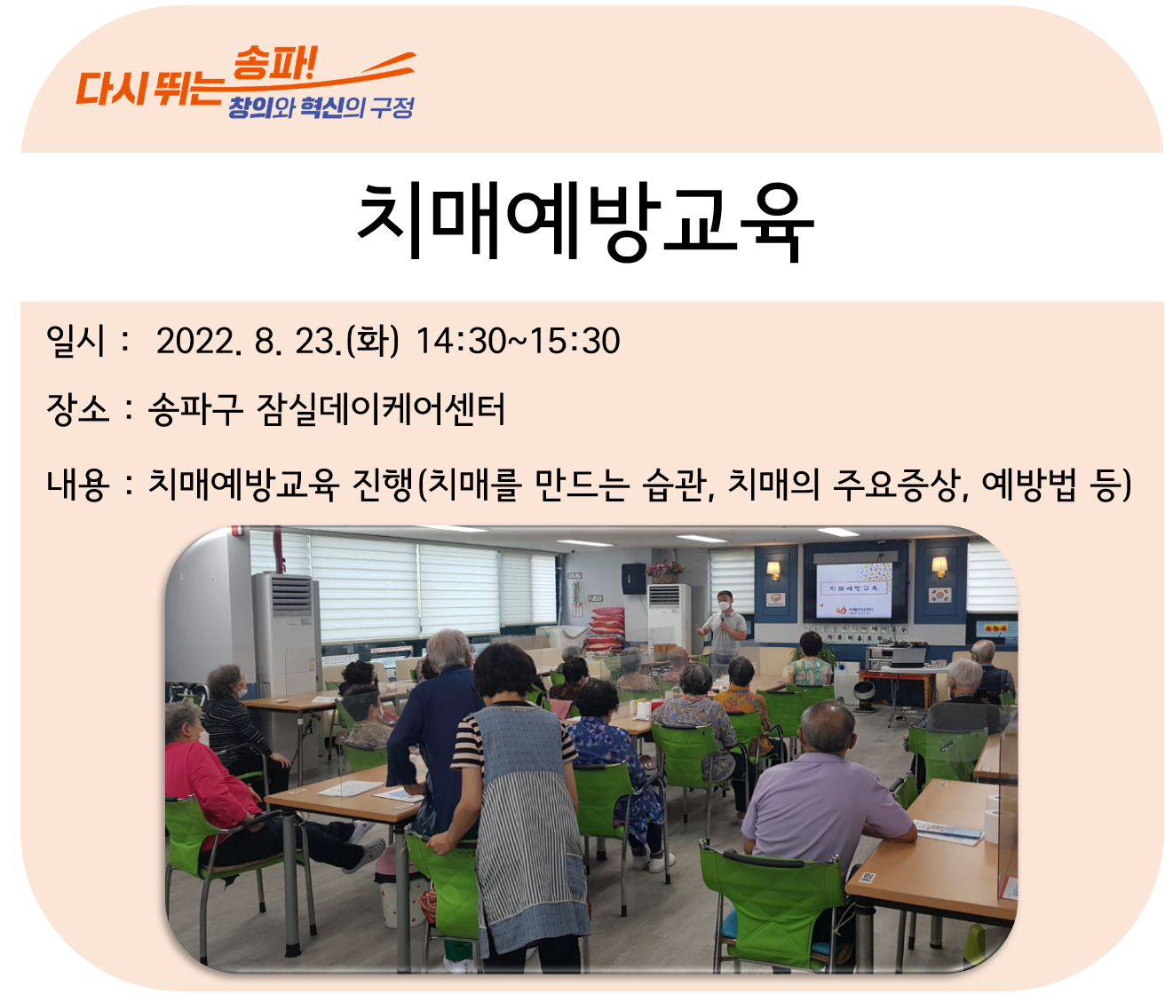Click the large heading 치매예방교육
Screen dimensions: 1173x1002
click(x=585, y=222)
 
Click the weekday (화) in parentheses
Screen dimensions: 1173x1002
click(x=373, y=341)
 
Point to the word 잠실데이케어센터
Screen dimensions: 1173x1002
click(x=380, y=409)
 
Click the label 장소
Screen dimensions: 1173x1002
click(x=77, y=409)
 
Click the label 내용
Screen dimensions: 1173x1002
click(x=77, y=485)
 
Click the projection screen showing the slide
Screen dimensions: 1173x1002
click(x=853, y=590)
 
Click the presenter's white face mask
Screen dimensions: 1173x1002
click(x=724, y=605)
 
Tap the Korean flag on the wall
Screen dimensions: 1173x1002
click(x=939, y=595)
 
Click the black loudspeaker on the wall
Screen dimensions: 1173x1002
click(x=633, y=579)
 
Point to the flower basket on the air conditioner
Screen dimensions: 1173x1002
click(x=664, y=571)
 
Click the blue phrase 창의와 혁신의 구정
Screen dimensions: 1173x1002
click(x=321, y=107)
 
